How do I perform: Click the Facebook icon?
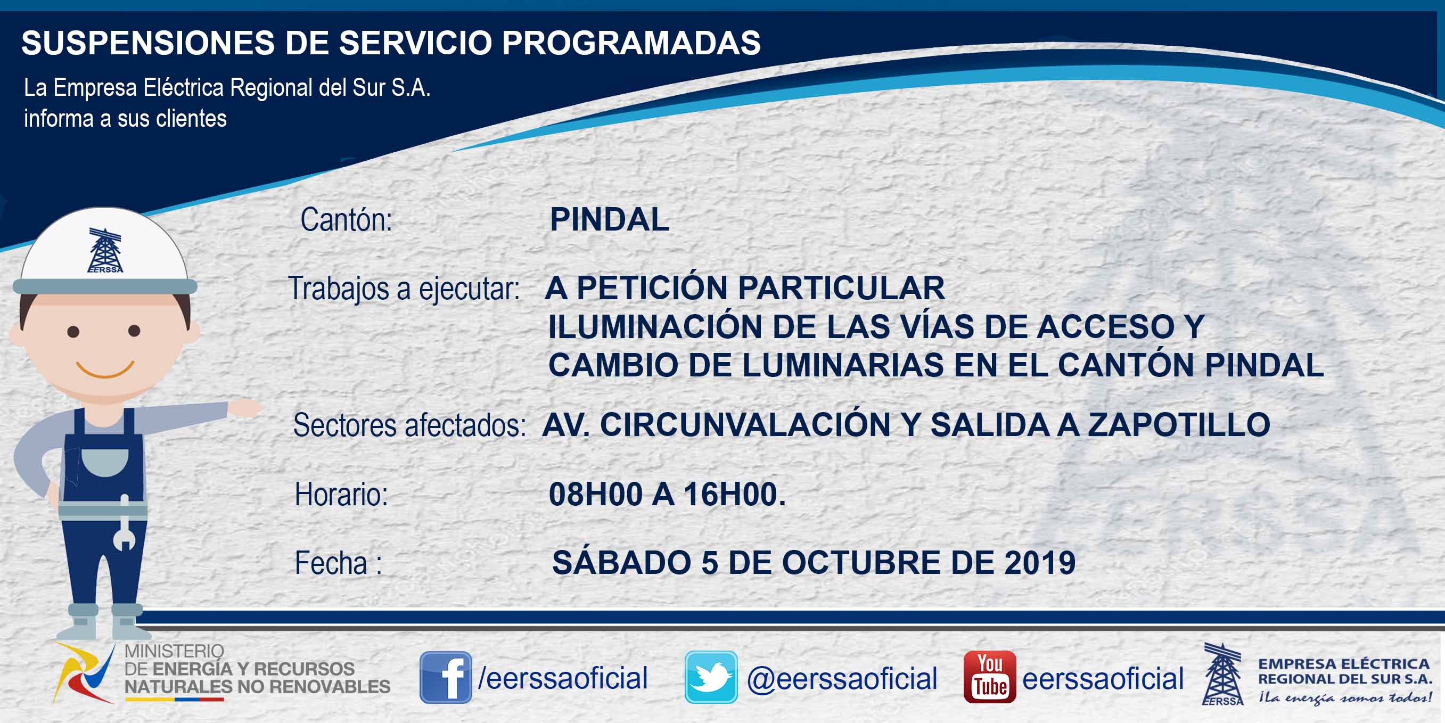pos(446,677)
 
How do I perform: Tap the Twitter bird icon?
pos(711,677)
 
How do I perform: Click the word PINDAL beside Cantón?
pos(609,219)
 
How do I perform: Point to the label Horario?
pos(341,495)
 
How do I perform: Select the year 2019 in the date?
pos(1040,563)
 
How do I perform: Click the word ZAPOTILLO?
pos(1179,425)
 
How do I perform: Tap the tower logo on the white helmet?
pos(105,250)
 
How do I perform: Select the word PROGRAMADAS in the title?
pos(631,43)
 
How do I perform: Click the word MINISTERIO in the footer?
pos(174,651)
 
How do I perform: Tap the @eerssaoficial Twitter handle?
pos(842,679)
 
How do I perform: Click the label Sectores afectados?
pos(409,425)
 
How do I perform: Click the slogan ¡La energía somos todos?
pos(1345,698)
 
